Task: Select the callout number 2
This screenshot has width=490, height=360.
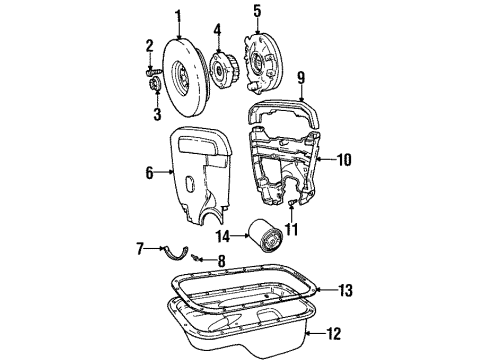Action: click(148, 45)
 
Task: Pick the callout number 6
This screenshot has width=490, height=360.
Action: click(151, 172)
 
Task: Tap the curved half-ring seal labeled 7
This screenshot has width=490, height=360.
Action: click(174, 254)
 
